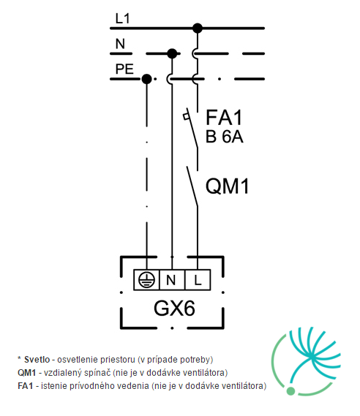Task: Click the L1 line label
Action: [122, 19]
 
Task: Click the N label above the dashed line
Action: [120, 44]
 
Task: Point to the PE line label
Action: [124, 69]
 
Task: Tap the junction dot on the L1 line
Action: [198, 28]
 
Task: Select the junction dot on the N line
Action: [172, 53]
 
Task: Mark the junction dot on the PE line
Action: [147, 79]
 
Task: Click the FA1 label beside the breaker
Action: [224, 117]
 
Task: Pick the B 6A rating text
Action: [225, 137]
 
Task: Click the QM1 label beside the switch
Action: [228, 186]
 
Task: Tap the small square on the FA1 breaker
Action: [186, 116]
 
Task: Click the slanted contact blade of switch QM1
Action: [192, 186]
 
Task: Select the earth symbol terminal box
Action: [146, 280]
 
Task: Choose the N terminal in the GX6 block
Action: [172, 280]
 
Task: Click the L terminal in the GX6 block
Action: [198, 280]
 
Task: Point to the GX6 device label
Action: [174, 309]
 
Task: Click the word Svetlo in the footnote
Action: [37, 360]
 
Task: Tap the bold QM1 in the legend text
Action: [26, 373]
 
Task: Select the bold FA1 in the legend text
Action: [25, 385]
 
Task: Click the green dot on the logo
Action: [290, 391]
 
